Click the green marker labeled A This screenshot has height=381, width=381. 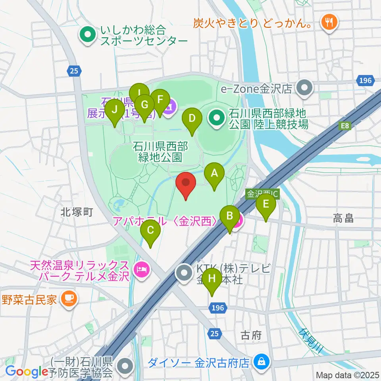(214, 174)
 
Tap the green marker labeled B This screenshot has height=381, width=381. (229, 216)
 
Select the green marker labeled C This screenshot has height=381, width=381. (150, 230)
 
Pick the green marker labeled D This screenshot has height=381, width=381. (192, 119)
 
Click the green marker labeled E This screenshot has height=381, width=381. (266, 204)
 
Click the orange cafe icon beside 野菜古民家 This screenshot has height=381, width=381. (70, 298)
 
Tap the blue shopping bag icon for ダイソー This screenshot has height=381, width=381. (262, 362)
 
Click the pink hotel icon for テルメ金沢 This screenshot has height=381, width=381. (142, 271)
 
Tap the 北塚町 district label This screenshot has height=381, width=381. (77, 212)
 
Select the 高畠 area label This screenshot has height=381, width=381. (343, 218)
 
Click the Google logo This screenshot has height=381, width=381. (27, 371)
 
